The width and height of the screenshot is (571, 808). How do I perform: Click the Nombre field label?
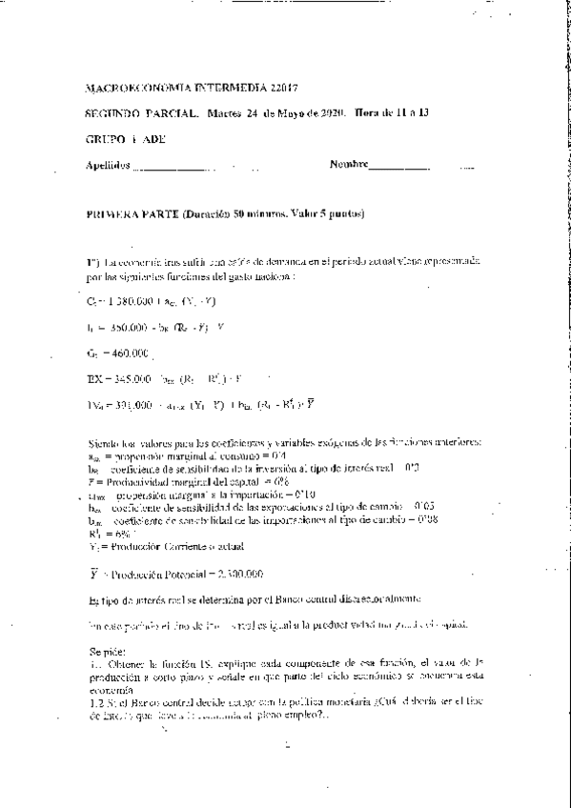click(349, 164)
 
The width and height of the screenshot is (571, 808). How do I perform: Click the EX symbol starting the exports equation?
click(92, 379)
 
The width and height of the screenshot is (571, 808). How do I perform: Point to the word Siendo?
click(104, 443)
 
